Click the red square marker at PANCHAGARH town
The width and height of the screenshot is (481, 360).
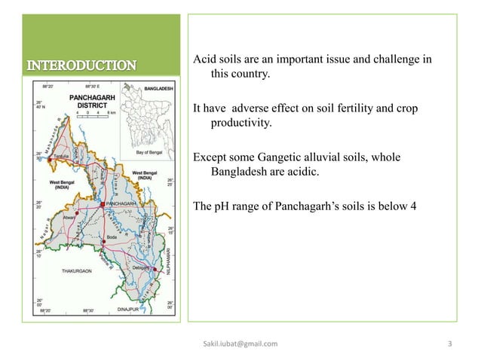(x=102, y=204)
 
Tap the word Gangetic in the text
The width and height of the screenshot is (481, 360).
(x=274, y=157)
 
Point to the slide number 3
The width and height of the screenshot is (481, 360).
(x=449, y=344)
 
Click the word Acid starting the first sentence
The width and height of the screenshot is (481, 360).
(x=204, y=59)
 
